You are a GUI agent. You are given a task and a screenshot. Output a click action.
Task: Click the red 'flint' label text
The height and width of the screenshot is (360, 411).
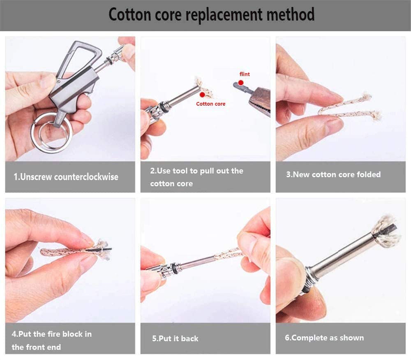(245, 74)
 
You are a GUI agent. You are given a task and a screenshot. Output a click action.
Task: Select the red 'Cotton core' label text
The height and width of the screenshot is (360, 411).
(210, 104)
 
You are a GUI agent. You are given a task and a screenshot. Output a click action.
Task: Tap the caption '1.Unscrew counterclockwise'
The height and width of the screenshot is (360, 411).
(66, 177)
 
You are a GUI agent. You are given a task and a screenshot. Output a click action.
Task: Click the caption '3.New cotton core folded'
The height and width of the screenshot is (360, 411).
(333, 174)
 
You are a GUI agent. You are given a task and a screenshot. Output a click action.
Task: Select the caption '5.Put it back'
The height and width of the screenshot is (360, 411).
(175, 339)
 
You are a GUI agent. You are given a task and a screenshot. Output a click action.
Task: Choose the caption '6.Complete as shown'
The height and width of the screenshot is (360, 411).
(324, 338)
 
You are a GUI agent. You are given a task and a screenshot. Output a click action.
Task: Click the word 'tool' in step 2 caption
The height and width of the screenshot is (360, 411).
(175, 171)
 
